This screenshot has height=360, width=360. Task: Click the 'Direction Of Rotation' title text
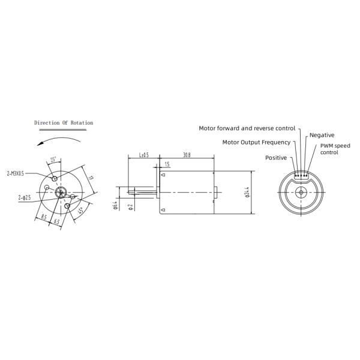click(64, 122)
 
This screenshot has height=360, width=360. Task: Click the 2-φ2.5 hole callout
click(25, 196)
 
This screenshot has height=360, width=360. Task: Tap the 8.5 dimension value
click(44, 217)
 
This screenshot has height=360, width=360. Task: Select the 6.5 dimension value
click(56, 221)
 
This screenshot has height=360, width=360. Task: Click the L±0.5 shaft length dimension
click(145, 155)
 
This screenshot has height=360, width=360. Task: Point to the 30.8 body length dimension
click(187, 155)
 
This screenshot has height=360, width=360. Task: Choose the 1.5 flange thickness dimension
click(166, 164)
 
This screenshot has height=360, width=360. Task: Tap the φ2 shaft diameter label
click(131, 207)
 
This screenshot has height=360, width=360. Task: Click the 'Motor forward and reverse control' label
click(247, 128)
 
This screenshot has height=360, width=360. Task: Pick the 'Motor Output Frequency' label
click(256, 142)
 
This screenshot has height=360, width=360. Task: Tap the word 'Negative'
click(322, 135)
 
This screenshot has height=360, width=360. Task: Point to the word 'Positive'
click(276, 157)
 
